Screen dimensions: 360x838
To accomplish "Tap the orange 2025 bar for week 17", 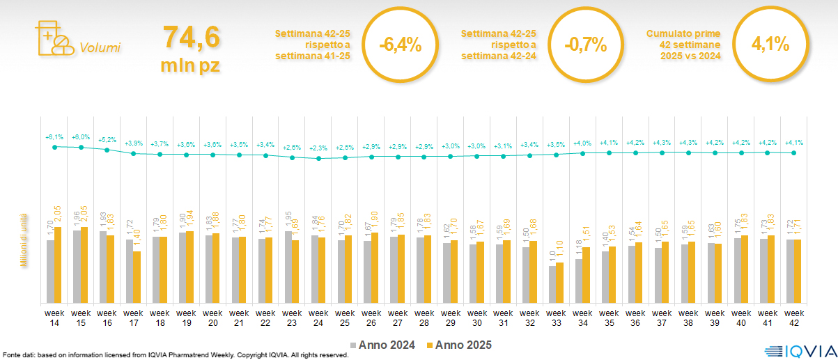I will (x=137, y=276).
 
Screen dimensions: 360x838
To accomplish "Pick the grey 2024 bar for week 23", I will (x=288, y=267).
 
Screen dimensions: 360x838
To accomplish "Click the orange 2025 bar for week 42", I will (x=798, y=271).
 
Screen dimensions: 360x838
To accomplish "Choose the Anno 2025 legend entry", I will (x=460, y=345).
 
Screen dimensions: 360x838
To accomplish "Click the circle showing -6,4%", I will (x=400, y=45).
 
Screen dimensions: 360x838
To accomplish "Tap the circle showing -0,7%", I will (x=586, y=45).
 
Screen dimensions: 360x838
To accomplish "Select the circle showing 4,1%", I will (x=770, y=45).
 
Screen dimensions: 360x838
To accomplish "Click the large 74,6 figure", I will (x=191, y=38).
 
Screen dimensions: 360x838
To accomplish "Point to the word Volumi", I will (x=100, y=48).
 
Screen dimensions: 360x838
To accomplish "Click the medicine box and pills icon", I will (x=53, y=38).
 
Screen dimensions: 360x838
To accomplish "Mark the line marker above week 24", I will (x=318, y=159).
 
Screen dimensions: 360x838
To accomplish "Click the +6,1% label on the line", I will (x=54, y=136).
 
